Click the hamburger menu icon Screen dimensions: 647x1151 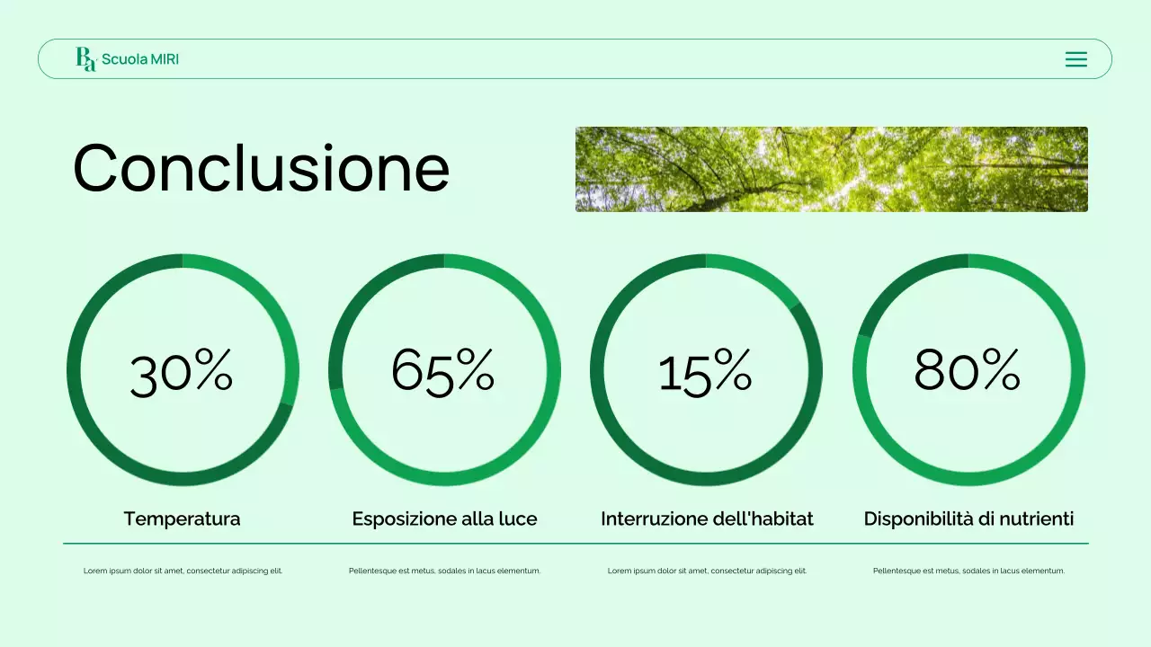(1075, 59)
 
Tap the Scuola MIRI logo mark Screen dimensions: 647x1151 (85, 59)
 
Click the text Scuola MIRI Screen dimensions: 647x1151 (140, 59)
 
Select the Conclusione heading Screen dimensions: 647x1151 (261, 168)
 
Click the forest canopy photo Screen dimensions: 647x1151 (831, 169)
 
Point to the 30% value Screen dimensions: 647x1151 (182, 372)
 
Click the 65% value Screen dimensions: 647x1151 (443, 370)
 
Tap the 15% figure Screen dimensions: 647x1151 (705, 372)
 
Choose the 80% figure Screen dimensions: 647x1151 (967, 370)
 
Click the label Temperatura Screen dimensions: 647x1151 (182, 518)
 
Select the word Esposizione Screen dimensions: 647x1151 (404, 518)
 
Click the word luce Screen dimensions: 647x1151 (519, 518)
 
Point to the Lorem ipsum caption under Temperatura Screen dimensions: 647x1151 (183, 571)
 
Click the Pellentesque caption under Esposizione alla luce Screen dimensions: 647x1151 (444, 571)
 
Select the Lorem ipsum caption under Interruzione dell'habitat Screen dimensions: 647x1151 (707, 571)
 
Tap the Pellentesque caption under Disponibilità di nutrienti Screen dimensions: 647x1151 (968, 571)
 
